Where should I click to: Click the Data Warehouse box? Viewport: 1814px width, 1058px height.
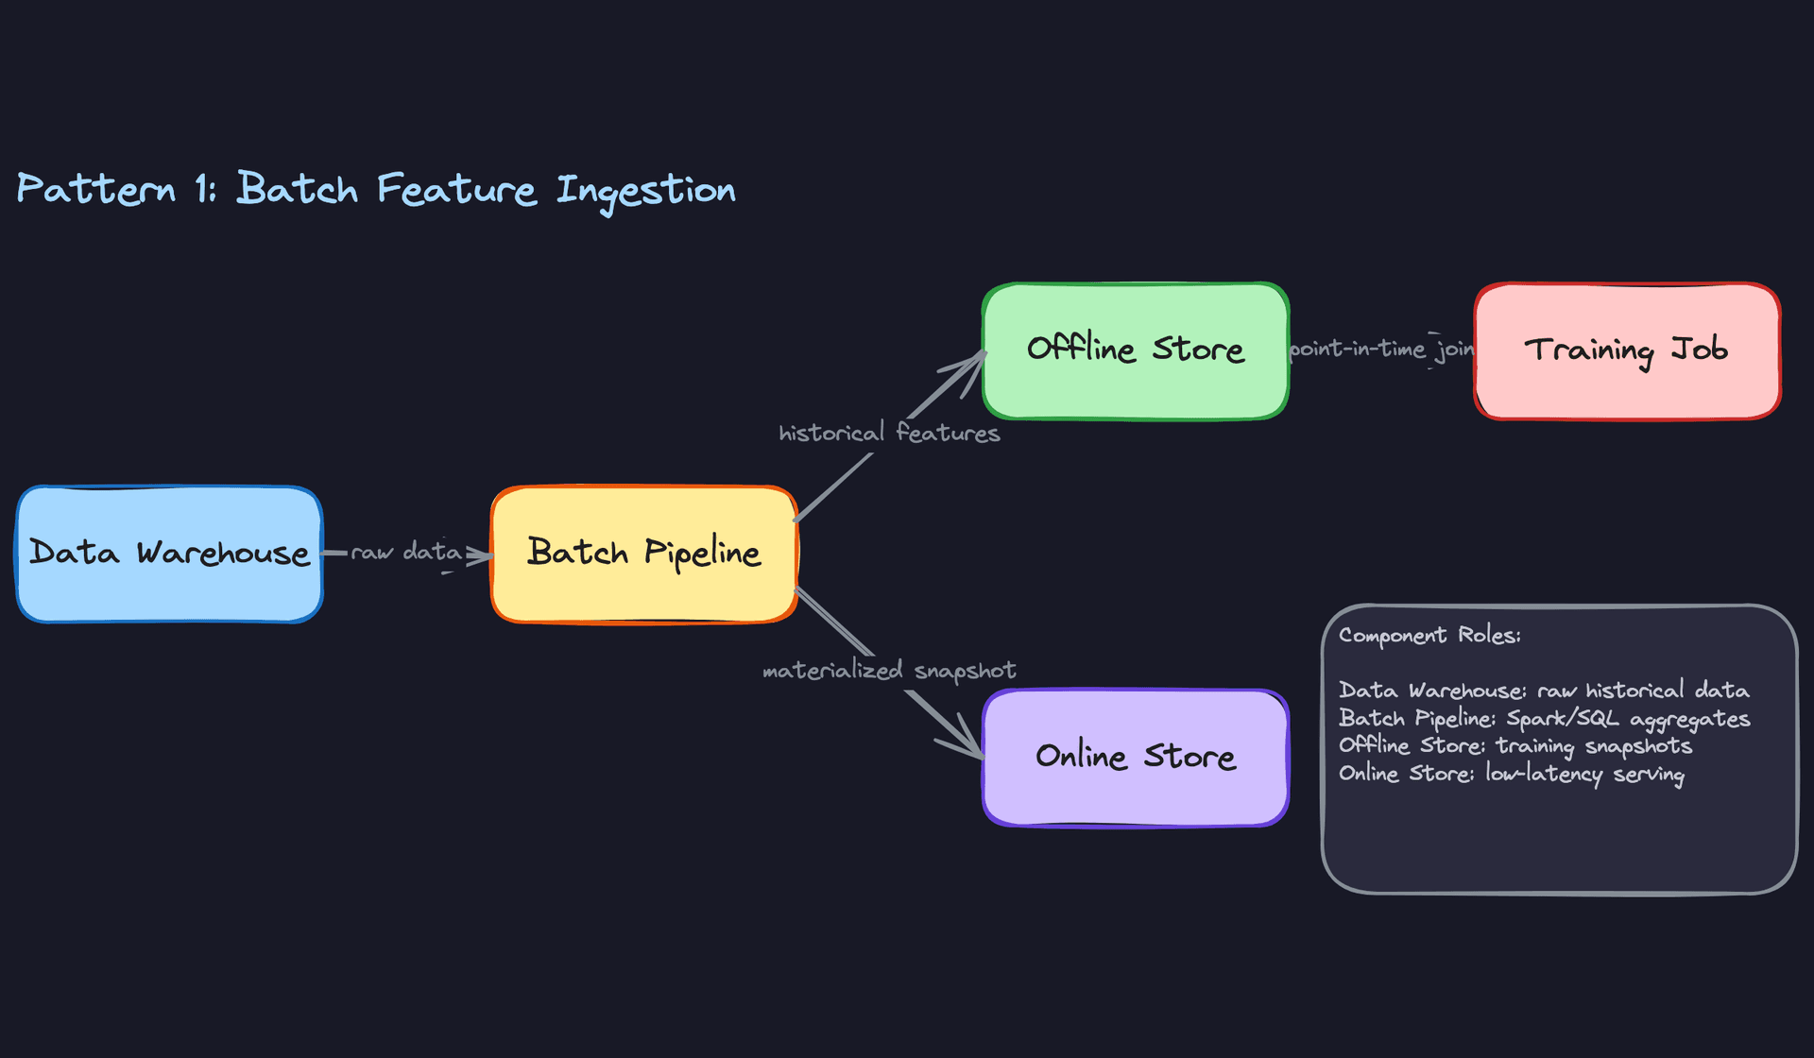point(169,554)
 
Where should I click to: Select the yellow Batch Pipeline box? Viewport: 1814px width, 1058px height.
point(643,554)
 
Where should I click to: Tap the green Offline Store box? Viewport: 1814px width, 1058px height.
point(1135,350)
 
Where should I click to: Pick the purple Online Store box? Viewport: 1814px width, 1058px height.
point(1135,757)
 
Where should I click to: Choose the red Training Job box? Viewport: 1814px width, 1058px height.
point(1626,350)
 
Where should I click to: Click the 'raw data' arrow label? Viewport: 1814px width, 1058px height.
point(406,552)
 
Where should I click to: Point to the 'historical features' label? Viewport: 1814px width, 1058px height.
point(888,433)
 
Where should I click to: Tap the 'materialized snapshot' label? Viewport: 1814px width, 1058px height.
point(888,670)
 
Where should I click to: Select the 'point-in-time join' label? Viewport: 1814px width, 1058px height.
point(1381,350)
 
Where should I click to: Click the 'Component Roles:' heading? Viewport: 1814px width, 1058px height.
point(1429,635)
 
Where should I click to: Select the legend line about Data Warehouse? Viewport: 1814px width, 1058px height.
point(1544,691)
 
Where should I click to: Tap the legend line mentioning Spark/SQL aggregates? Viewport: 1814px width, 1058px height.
point(1544,719)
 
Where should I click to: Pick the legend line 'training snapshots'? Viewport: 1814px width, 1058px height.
point(1515,746)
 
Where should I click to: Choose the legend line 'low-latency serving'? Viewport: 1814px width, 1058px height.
point(1511,774)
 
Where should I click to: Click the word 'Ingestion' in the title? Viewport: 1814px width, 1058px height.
point(645,190)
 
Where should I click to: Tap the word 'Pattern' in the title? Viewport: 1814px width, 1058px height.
point(96,189)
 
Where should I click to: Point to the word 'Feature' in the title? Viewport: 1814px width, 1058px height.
point(456,189)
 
